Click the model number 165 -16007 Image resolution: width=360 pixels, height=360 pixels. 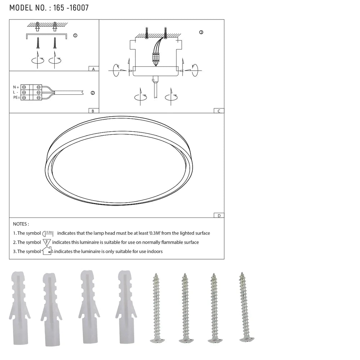(71, 8)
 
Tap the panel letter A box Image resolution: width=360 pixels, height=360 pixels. (93, 69)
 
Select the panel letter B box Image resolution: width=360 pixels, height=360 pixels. (93, 111)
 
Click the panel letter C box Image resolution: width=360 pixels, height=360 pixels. (219, 111)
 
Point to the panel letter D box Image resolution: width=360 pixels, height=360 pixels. (219, 215)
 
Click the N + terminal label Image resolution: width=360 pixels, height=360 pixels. (16, 87)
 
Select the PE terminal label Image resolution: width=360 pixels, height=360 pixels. (16, 98)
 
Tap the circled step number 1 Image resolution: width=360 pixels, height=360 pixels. (75, 35)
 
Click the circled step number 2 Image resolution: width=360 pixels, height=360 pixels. (93, 93)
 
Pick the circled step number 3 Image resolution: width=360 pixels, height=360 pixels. (201, 32)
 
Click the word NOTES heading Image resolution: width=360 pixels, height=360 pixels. (21, 224)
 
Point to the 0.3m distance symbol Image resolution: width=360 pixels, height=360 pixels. (48, 233)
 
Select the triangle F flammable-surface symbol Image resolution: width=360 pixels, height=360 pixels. (47, 242)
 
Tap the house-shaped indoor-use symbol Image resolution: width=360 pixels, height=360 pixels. (47, 251)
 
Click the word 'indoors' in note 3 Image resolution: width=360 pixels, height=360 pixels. (154, 251)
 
